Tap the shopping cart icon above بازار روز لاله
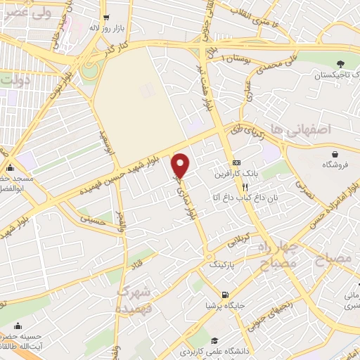(x=105, y=17)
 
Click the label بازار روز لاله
(x=106, y=28)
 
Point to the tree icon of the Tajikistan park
(x=341, y=64)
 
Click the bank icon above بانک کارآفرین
(x=237, y=162)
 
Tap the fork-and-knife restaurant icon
(x=245, y=188)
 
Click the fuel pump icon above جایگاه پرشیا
(x=224, y=295)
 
